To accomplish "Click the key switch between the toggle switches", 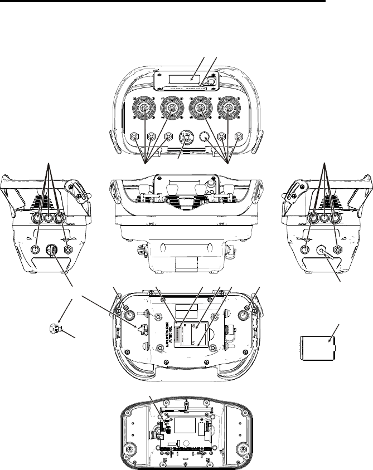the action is (187, 136).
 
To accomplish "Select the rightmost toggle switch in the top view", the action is (240, 136).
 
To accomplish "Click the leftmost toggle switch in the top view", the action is (134, 136).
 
